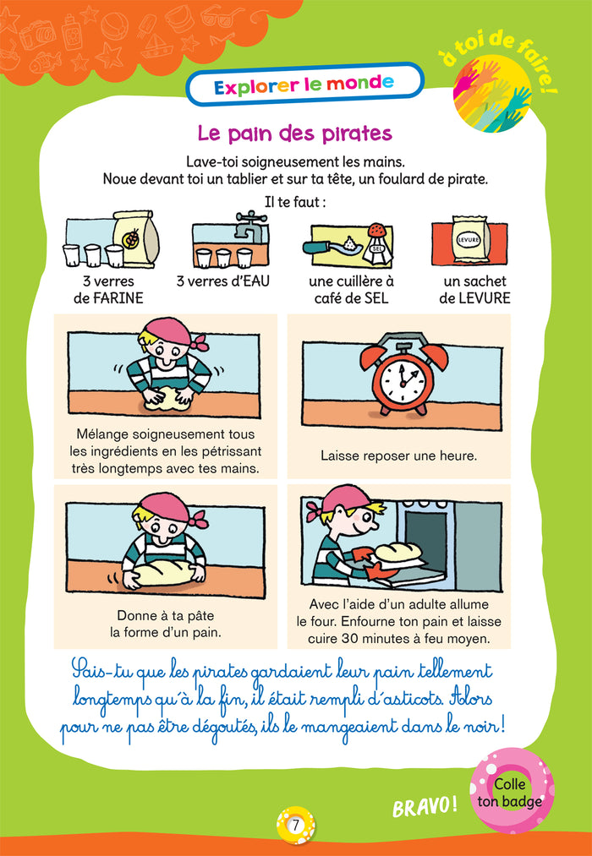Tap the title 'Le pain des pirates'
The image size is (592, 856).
(294, 134)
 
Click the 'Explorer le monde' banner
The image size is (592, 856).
(304, 84)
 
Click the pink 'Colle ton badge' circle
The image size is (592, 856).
(511, 792)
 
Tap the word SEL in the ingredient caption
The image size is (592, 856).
(374, 298)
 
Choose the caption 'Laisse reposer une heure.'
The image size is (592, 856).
(398, 455)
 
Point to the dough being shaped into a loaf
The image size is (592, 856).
(164, 575)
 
